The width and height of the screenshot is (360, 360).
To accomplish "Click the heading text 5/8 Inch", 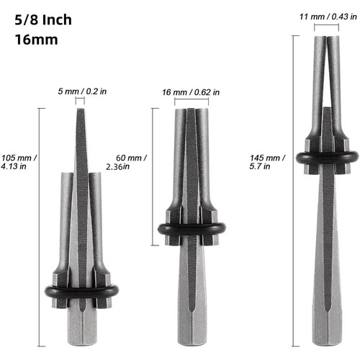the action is tap(43, 19).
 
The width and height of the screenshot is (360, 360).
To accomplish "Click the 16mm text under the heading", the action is tap(36, 40).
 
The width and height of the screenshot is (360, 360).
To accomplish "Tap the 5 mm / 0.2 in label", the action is tap(82, 91).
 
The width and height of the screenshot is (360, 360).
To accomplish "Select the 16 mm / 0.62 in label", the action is tap(191, 92).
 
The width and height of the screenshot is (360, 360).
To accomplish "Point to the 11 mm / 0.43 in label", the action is tap(328, 17).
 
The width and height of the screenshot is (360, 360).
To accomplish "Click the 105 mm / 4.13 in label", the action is tap(19, 162).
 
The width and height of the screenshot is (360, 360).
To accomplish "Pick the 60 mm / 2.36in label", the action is tap(127, 162).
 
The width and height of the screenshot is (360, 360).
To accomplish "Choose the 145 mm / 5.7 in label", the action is tap(267, 162).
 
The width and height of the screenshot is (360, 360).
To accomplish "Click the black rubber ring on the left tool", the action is tap(81, 292).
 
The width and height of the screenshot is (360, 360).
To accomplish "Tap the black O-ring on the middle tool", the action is tap(192, 229).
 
